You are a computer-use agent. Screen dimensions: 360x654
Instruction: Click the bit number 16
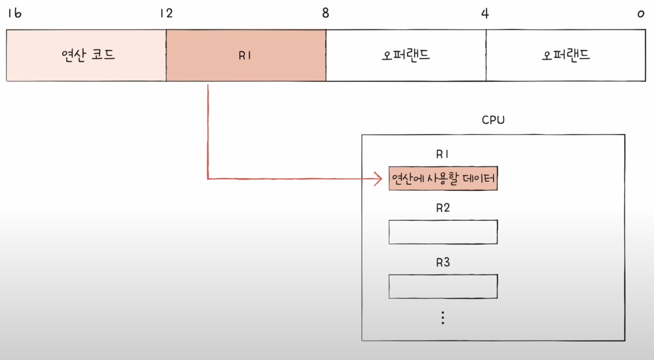click(14, 13)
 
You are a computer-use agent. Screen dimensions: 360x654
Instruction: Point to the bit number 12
click(166, 13)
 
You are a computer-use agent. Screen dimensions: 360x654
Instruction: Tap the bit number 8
click(326, 13)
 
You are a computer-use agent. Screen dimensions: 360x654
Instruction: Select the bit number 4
click(485, 13)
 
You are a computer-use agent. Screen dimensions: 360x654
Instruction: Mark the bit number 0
click(641, 13)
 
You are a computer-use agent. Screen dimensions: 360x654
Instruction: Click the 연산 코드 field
click(87, 55)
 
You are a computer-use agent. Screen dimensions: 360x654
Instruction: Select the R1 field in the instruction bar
click(246, 55)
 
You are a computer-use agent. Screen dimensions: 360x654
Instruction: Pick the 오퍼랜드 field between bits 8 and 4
click(406, 55)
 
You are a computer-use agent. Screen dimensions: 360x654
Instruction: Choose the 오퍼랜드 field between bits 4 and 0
click(566, 55)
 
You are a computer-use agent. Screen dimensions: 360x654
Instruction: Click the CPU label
click(493, 120)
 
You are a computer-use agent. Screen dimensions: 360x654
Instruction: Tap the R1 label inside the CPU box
click(443, 155)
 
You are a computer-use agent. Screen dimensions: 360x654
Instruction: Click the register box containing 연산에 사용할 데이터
click(443, 178)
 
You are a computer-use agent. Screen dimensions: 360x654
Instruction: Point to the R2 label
click(443, 208)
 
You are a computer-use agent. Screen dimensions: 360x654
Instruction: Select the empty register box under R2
click(443, 232)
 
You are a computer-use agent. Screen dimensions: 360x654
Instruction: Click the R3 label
click(443, 262)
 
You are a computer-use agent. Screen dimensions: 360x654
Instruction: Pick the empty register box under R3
click(443, 286)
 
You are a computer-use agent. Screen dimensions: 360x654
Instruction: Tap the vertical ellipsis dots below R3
click(443, 318)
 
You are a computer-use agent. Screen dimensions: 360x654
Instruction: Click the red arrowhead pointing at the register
click(379, 178)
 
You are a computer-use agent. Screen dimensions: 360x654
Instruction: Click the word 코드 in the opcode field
click(103, 55)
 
